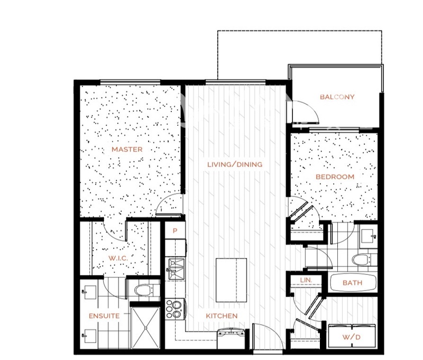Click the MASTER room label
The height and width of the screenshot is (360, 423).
coord(127,150)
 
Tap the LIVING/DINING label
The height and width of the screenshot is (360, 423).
coord(235,164)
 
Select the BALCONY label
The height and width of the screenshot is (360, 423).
coord(337,97)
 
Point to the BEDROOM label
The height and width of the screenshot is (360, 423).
coord(335,177)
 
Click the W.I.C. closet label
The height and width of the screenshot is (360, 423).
coord(118,258)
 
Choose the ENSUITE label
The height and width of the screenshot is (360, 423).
coord(104,316)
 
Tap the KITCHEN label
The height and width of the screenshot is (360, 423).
coord(222,316)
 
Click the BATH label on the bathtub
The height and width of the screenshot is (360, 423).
coord(352,283)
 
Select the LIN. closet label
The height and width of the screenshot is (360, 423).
coord(306,280)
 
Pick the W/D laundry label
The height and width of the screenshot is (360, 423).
coord(352,337)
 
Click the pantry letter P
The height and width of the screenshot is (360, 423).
coord(175,231)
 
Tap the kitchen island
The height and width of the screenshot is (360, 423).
coord(231,280)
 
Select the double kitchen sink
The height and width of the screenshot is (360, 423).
coord(177,269)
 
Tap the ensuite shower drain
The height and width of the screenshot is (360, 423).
coord(146,328)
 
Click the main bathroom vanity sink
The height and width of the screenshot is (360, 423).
coord(368,236)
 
